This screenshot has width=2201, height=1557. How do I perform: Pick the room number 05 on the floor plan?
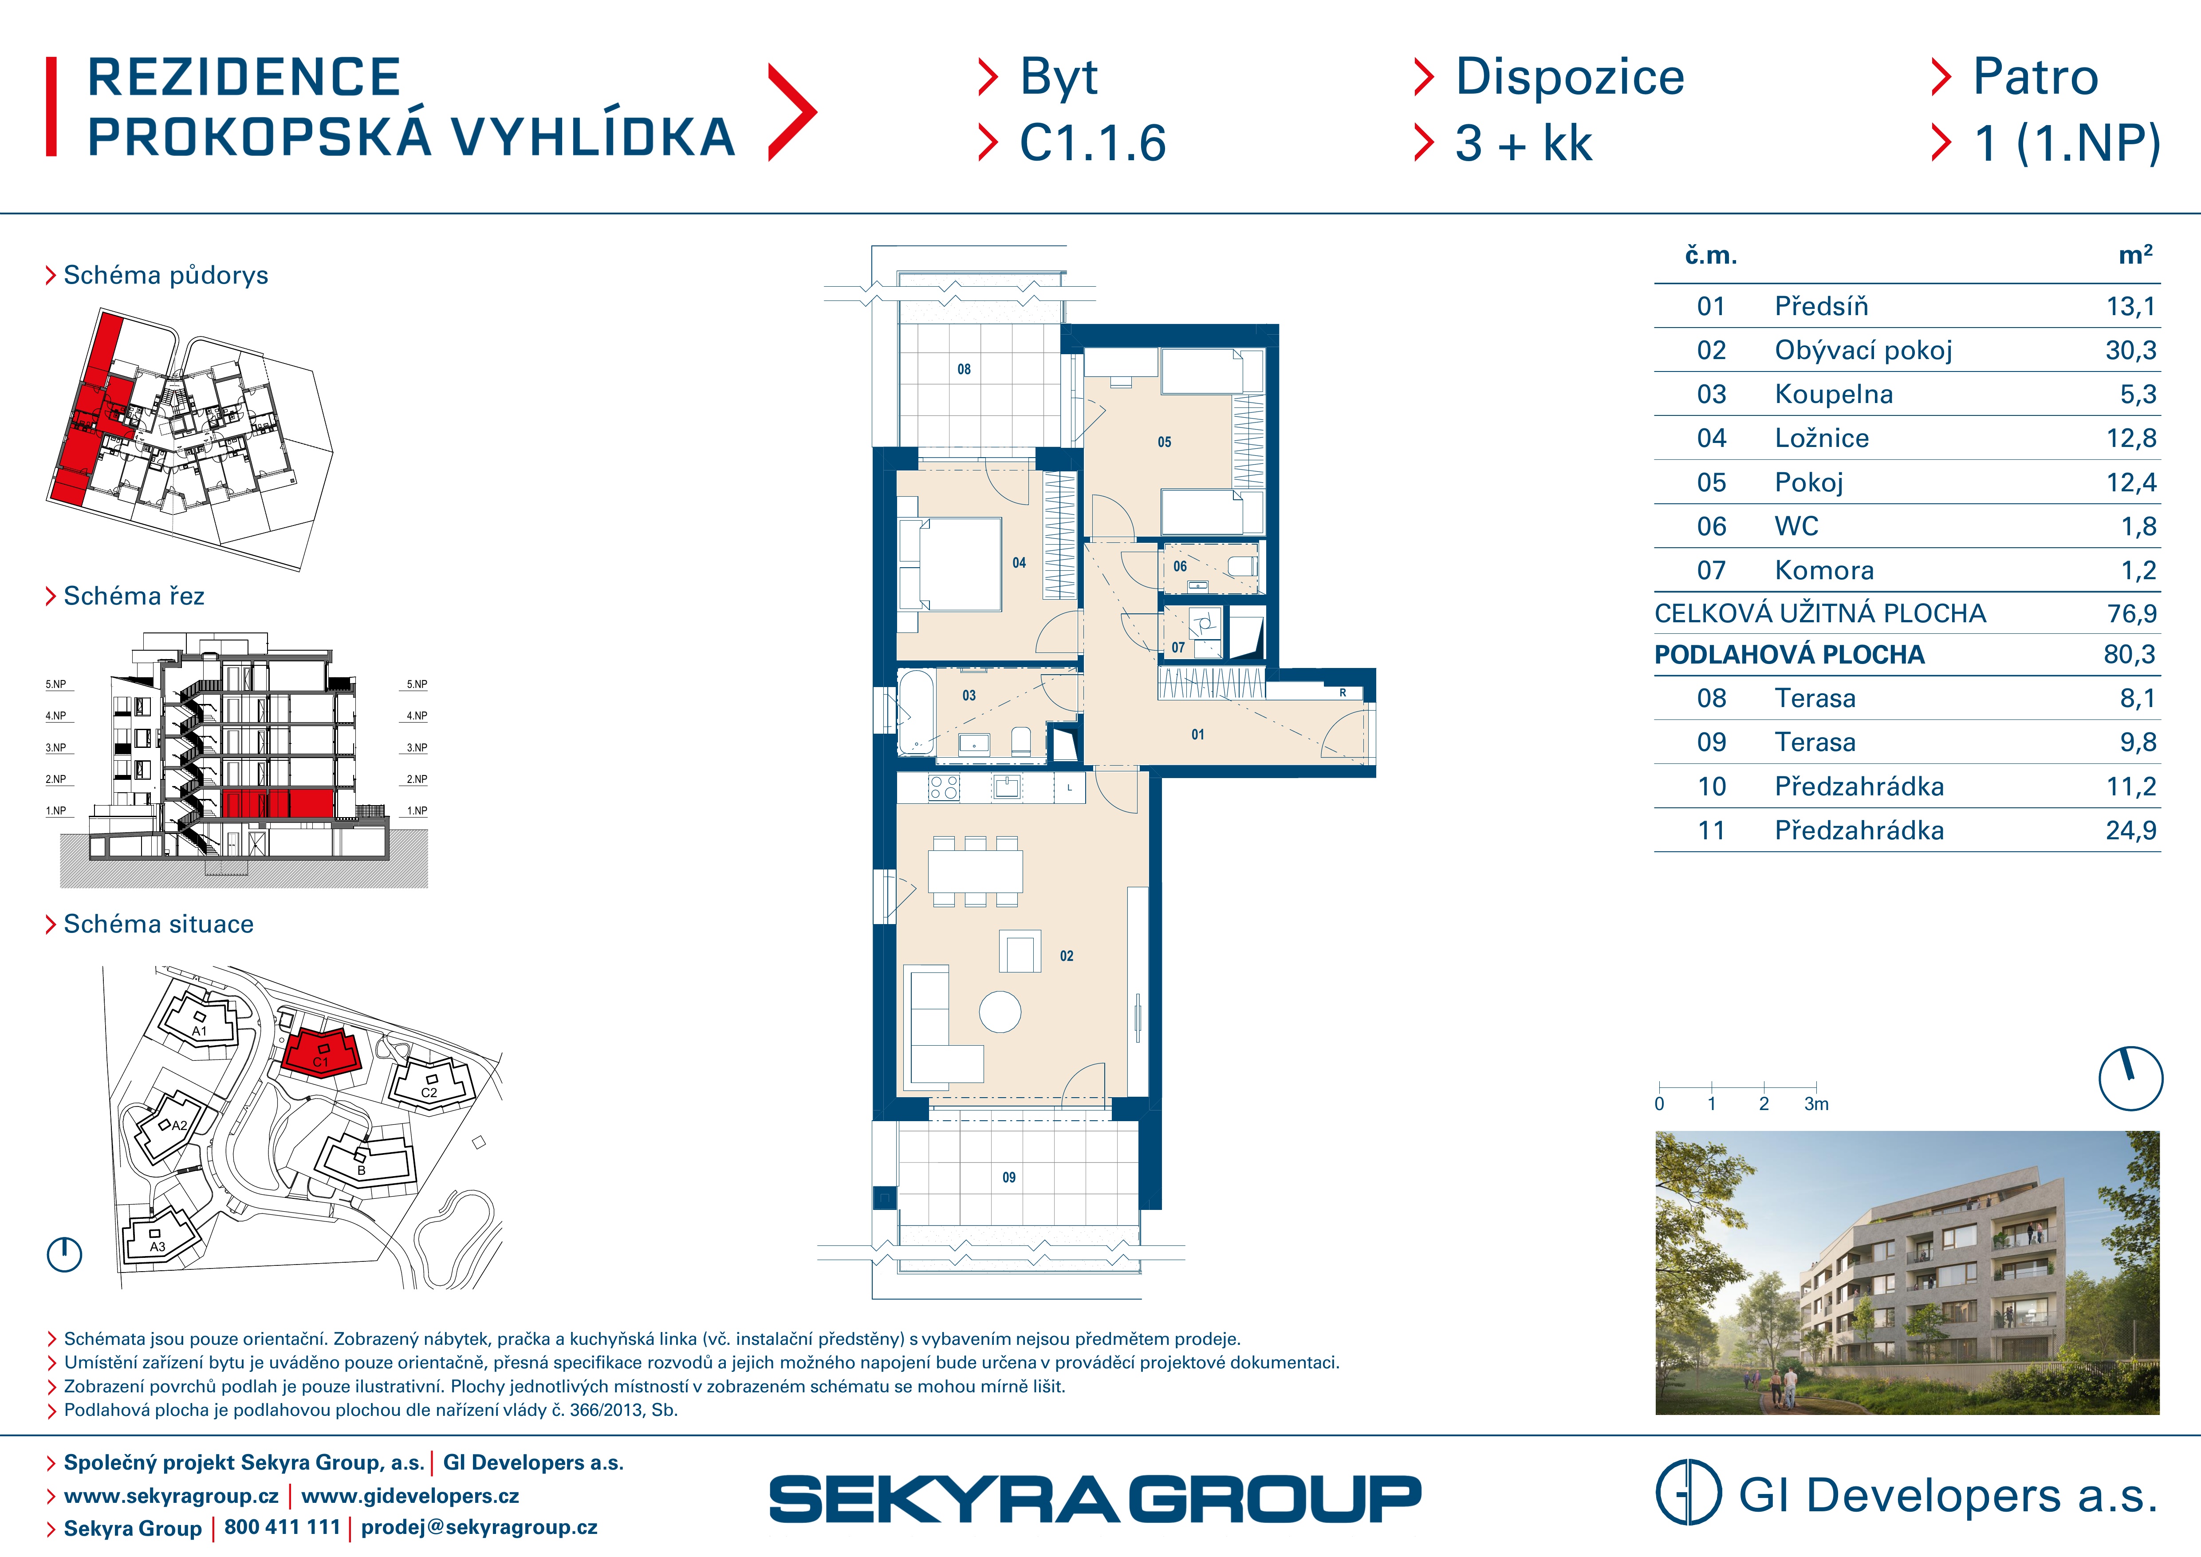click(1164, 442)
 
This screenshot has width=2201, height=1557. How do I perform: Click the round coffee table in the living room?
click(1000, 1012)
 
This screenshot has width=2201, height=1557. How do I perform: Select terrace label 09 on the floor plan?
click(1008, 1178)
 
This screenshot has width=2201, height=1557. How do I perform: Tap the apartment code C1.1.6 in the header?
click(1093, 144)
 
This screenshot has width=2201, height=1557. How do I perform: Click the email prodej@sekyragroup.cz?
click(479, 1527)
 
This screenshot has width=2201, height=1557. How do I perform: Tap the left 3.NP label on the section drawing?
click(55, 748)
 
